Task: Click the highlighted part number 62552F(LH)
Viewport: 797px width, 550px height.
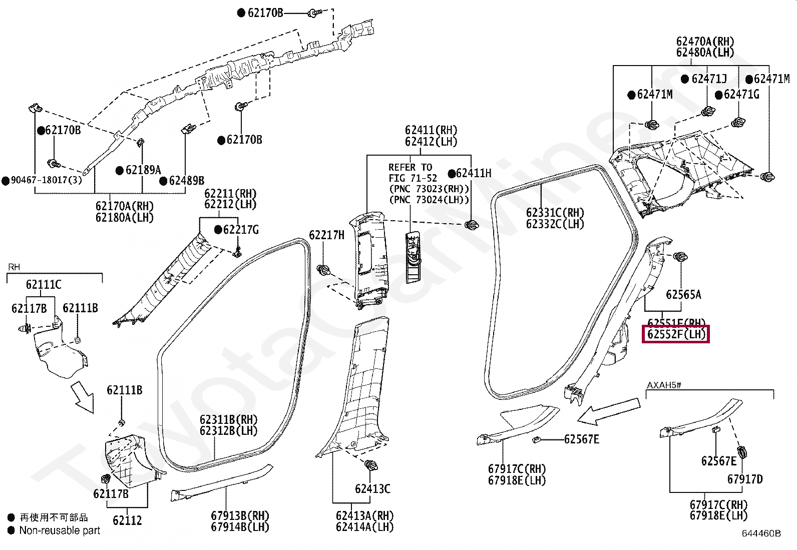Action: coord(676,334)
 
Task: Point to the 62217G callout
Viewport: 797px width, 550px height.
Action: coord(241,230)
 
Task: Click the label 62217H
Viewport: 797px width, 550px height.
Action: coord(326,235)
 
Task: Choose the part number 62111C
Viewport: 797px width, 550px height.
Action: coord(44,285)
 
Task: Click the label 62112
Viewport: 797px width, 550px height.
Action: coord(127,520)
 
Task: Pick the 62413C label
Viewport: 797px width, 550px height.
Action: coord(372,488)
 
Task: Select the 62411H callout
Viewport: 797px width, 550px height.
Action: coord(474,173)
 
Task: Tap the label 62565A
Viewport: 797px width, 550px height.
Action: coord(683,294)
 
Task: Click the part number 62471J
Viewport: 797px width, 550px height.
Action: coord(709,79)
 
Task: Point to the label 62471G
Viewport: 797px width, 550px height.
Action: coord(741,94)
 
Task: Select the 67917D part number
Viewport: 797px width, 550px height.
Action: coord(745,479)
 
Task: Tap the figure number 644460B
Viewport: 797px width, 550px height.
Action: coord(761,533)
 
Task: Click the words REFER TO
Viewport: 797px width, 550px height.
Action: coord(410,167)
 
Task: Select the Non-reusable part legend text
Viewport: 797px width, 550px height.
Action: coord(60,530)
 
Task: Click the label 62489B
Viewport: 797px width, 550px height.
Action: coord(186,181)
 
